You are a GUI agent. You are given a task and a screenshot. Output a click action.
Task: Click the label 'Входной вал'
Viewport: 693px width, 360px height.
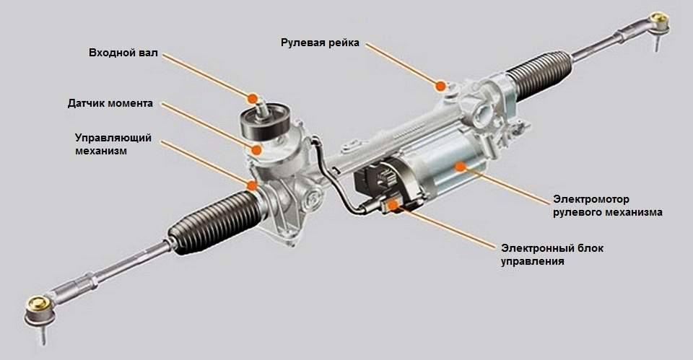point(123,53)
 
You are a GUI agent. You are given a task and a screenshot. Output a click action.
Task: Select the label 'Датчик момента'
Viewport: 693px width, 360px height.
point(110,103)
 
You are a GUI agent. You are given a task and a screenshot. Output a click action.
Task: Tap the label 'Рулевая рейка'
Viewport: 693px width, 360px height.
point(320,43)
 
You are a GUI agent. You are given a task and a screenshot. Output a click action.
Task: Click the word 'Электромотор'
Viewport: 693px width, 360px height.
point(591,199)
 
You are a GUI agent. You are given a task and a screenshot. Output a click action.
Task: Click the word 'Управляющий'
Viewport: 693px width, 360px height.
point(113,138)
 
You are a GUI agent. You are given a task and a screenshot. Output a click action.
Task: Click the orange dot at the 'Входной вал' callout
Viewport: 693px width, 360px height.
point(253,98)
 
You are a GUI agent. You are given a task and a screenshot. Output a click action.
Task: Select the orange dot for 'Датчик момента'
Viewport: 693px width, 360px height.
point(256,150)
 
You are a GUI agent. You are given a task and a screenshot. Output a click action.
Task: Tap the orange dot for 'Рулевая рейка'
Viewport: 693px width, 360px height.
point(440,86)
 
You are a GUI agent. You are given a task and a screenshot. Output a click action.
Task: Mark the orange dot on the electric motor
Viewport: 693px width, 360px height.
point(460,167)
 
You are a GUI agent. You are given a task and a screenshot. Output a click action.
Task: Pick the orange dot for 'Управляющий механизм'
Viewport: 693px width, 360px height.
point(251,185)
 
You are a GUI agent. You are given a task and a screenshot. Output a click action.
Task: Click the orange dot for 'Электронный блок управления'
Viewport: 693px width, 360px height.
point(393,205)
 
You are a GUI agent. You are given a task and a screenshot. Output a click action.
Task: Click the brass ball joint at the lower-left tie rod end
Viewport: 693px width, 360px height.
point(39,304)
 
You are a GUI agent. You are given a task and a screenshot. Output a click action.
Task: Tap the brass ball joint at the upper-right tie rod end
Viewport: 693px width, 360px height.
point(658,19)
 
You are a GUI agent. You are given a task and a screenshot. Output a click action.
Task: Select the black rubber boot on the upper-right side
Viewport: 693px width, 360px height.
point(540,74)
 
